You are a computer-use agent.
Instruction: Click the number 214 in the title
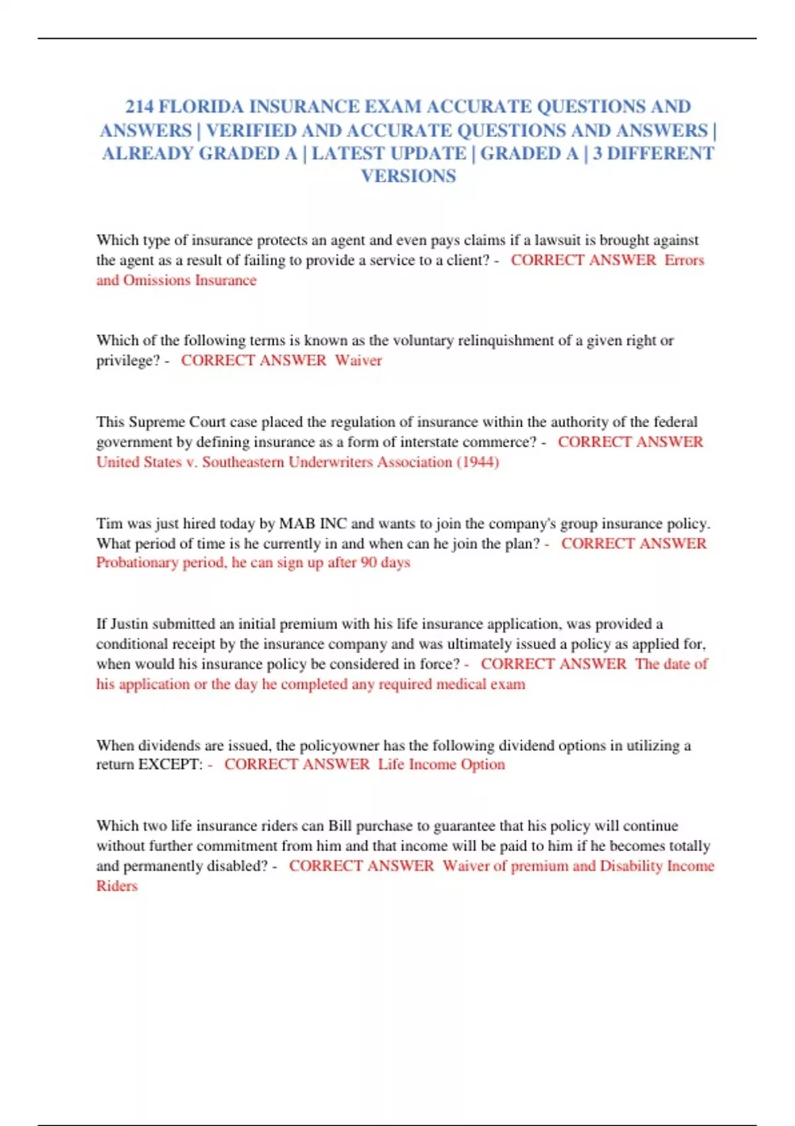[x=139, y=107]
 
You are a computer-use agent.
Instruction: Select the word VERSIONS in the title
[x=408, y=176]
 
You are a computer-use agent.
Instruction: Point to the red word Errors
[x=684, y=260]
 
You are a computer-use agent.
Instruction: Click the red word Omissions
[x=156, y=280]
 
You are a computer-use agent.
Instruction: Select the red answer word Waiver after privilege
[x=358, y=360]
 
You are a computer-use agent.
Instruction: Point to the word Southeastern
[x=243, y=462]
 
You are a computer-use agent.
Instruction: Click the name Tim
[x=109, y=523]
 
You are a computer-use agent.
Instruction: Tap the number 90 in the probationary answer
[x=369, y=563]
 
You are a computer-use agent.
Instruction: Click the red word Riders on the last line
[x=117, y=886]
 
